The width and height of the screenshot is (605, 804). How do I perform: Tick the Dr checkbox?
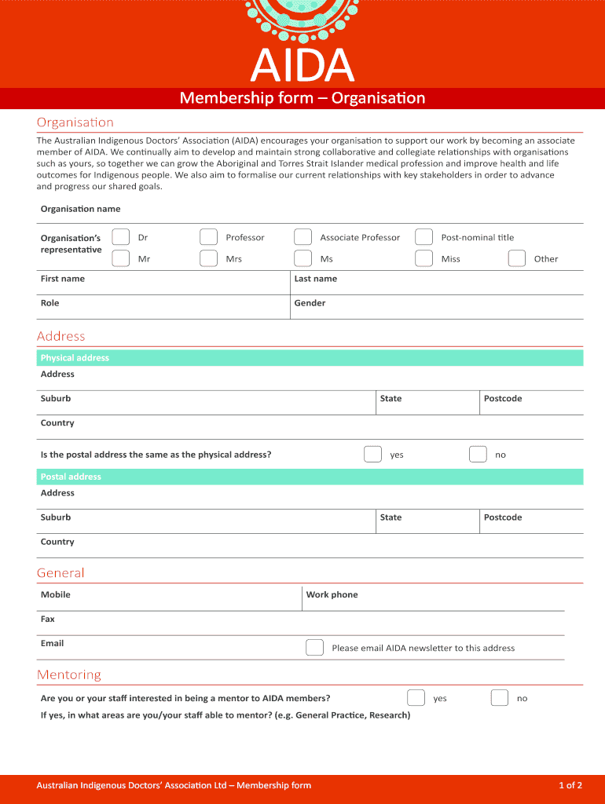coord(121,237)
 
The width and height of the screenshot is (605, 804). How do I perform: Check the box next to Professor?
coord(208,237)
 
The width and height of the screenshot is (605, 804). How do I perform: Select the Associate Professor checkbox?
coord(302,237)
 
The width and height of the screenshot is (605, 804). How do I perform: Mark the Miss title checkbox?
coord(423,258)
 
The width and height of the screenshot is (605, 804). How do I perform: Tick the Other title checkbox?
coord(516,258)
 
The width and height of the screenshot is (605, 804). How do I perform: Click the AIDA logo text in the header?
coord(302,66)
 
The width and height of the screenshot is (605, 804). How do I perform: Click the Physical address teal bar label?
coord(75,358)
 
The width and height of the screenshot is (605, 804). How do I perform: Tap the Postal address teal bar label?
coord(71,477)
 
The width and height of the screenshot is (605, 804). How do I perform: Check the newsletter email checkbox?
coord(314,648)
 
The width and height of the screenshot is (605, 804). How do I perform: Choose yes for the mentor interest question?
coord(416,698)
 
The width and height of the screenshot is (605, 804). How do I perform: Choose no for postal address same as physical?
coord(478,455)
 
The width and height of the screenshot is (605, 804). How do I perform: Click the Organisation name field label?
coord(80,209)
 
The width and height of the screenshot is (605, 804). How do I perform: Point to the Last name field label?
coord(315,279)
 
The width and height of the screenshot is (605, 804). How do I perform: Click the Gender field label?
coord(310,303)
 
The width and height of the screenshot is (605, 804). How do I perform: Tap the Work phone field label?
coord(332,594)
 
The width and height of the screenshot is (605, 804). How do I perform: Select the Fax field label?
coord(48,619)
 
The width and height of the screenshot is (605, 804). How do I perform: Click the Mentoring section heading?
coord(69,675)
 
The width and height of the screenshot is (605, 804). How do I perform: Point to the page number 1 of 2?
coord(570,785)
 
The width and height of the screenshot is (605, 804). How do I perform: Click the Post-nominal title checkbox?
coord(423,237)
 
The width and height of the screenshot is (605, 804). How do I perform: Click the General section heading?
coord(60,573)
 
